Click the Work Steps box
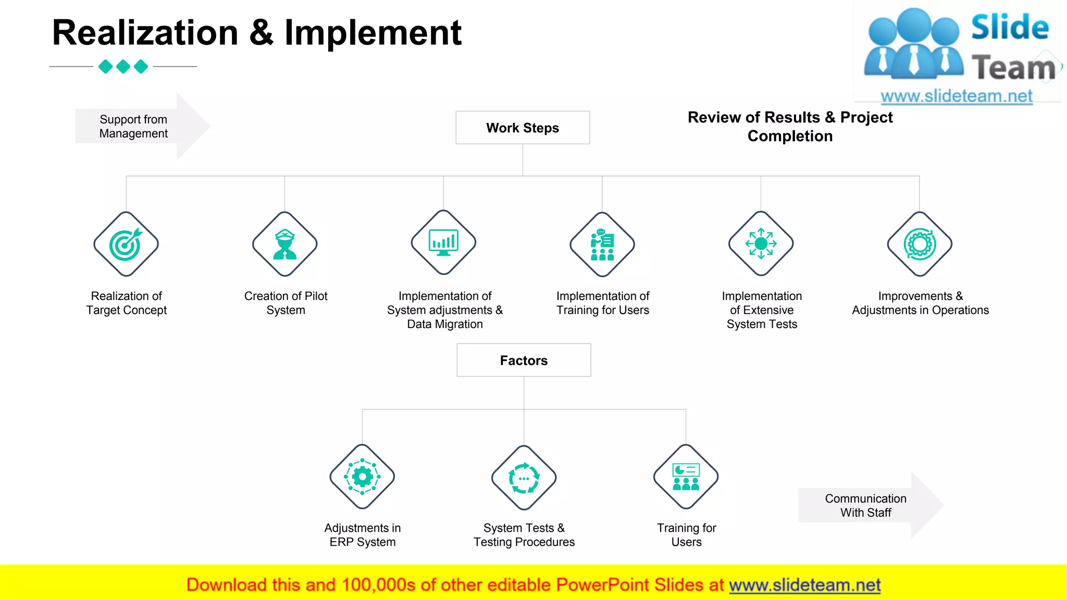[x=523, y=128]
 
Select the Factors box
[x=524, y=360]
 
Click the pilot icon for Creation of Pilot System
[x=285, y=244]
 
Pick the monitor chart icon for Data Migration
[x=443, y=243]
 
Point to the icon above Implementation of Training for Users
[x=602, y=244]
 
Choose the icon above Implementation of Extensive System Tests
[x=761, y=243]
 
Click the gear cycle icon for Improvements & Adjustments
[x=920, y=244]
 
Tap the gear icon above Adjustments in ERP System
[x=362, y=477]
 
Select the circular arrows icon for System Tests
[x=524, y=478]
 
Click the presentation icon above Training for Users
[x=686, y=477]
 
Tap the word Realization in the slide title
[x=145, y=33]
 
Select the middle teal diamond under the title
[x=123, y=67]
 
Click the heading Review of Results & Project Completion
[x=790, y=127]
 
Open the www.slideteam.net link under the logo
[x=957, y=96]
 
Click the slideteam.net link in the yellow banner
[x=804, y=585]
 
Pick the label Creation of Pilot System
[x=286, y=303]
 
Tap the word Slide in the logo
[x=1010, y=27]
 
